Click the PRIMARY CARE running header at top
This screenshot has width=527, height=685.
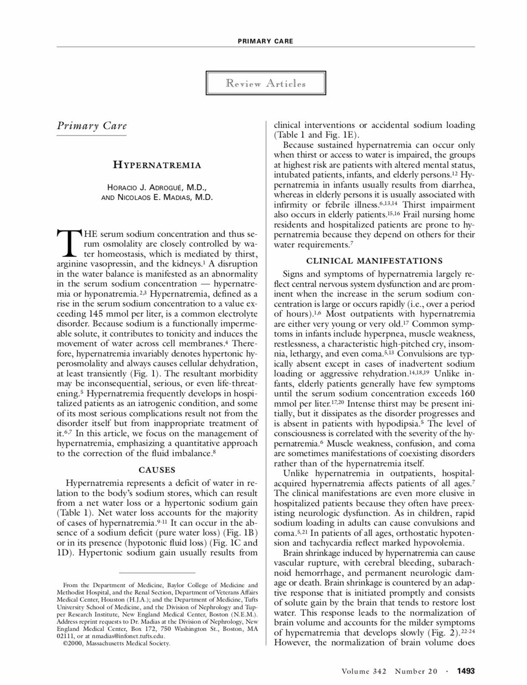point(265,41)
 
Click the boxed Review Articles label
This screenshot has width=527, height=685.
point(266,83)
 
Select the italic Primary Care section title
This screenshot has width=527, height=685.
point(92,126)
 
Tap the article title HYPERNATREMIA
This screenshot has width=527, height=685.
point(157,165)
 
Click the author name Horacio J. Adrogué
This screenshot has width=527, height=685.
point(157,187)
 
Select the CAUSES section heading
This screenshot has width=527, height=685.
point(157,470)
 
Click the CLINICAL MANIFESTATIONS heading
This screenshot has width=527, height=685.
point(374,260)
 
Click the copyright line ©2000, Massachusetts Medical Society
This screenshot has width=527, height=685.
point(116,643)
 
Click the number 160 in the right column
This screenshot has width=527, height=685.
point(467,394)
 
